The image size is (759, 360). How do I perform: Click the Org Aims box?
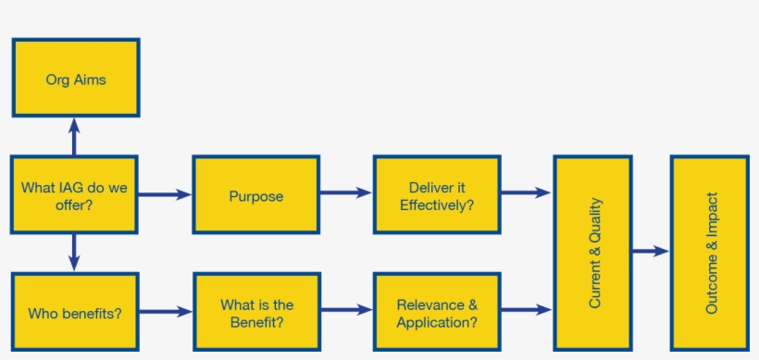click(76, 78)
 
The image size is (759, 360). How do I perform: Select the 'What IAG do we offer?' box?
click(74, 194)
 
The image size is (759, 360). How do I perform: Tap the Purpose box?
click(256, 194)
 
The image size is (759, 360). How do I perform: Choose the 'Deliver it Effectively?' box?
click(437, 194)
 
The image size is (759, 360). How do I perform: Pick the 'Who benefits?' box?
click(75, 312)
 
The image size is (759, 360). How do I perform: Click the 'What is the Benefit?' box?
click(257, 312)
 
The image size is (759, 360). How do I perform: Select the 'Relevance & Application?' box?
click(437, 312)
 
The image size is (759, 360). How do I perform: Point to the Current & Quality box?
click(593, 253)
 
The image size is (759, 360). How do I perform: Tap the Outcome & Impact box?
click(710, 253)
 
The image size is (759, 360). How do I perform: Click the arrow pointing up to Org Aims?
click(74, 136)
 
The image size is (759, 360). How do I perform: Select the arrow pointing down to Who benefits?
click(74, 253)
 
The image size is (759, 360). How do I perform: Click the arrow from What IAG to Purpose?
click(165, 195)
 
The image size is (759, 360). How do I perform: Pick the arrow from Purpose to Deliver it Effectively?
click(346, 192)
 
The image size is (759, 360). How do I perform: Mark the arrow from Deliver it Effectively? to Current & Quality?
click(526, 192)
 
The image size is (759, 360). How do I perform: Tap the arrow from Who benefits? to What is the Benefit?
click(166, 312)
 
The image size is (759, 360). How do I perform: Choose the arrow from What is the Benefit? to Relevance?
click(347, 310)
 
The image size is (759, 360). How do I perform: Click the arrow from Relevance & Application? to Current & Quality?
click(527, 310)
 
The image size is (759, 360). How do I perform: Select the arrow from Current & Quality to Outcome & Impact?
click(651, 251)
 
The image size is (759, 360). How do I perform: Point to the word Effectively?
click(437, 205)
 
